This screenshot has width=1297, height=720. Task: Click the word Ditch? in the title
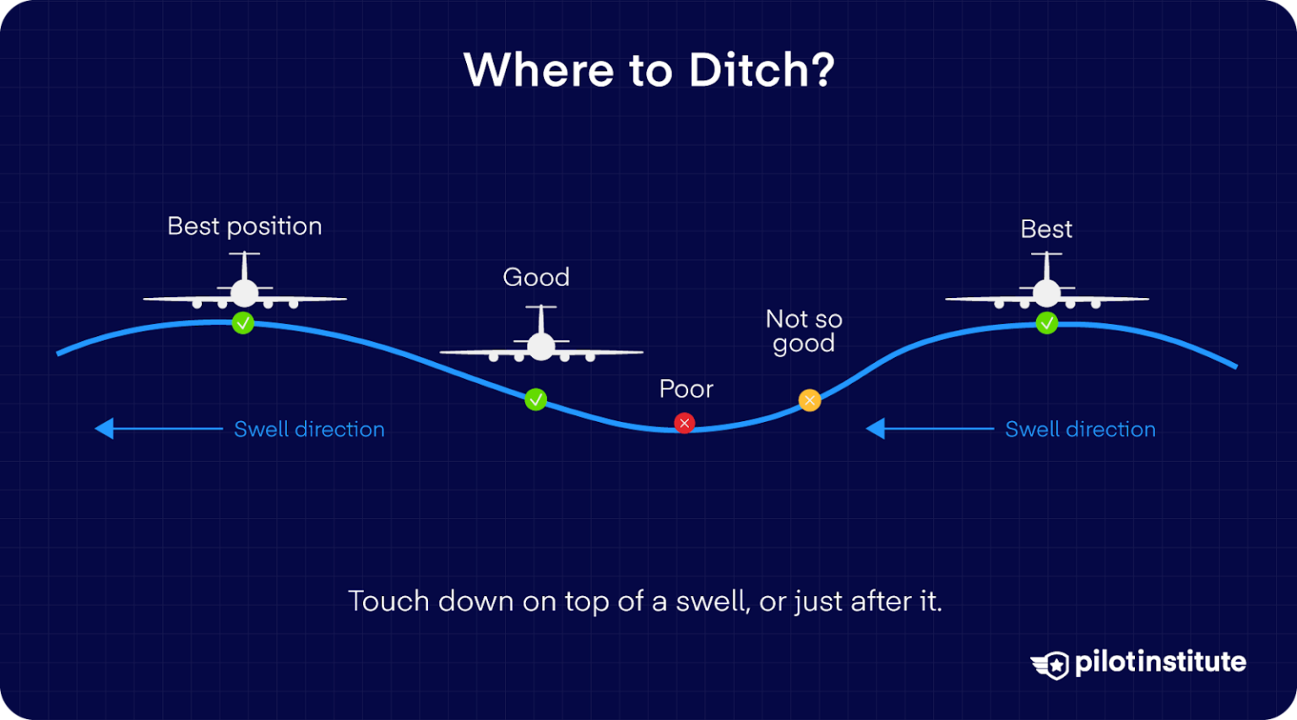point(761,70)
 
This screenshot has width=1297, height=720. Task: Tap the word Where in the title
point(539,70)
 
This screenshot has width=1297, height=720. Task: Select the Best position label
point(245,226)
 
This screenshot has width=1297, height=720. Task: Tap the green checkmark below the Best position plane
point(243,322)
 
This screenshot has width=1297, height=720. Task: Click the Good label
point(536,277)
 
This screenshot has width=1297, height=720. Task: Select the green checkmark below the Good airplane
point(536,399)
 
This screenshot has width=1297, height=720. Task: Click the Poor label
point(686,389)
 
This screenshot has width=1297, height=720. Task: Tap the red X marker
point(685,423)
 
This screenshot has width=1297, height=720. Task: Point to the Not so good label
point(804,331)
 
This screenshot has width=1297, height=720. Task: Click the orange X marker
point(810,400)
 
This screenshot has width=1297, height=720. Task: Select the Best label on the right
point(1046,229)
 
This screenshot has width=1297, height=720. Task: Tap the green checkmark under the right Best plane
point(1047,322)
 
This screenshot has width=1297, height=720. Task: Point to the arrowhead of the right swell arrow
point(876,429)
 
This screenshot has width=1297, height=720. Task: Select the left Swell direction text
point(309,429)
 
